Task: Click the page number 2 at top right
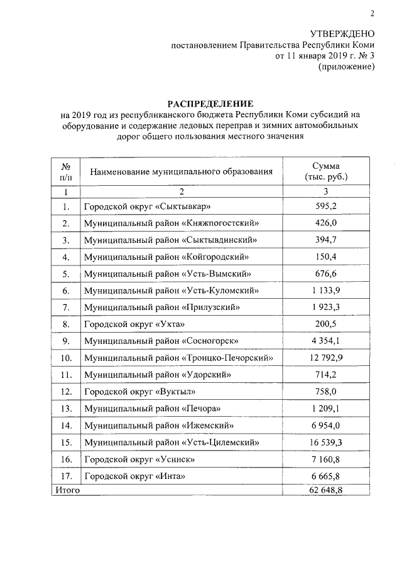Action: coord(372,13)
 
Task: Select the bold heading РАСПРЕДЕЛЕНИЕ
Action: coord(209,103)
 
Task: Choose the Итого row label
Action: coord(67,490)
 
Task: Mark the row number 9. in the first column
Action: coord(65,341)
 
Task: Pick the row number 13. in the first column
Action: coord(65,409)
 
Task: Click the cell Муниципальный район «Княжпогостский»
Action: coord(171,223)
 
